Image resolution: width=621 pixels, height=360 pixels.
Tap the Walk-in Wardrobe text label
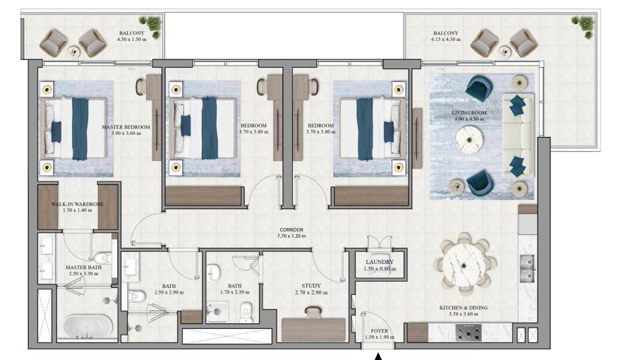pyautogui.click(x=77, y=208)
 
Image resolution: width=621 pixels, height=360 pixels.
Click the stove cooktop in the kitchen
pyautogui.click(x=469, y=332)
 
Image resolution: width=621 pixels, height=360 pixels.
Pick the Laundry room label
pyautogui.click(x=379, y=265)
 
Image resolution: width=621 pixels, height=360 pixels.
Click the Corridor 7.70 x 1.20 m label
pyautogui.click(x=291, y=234)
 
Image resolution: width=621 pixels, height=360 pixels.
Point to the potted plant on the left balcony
pyautogui.click(x=152, y=25)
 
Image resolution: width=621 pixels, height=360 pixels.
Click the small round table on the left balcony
pyautogui.click(x=73, y=50)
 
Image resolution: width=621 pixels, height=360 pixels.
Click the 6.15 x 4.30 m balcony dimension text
pyautogui.click(x=446, y=40)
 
